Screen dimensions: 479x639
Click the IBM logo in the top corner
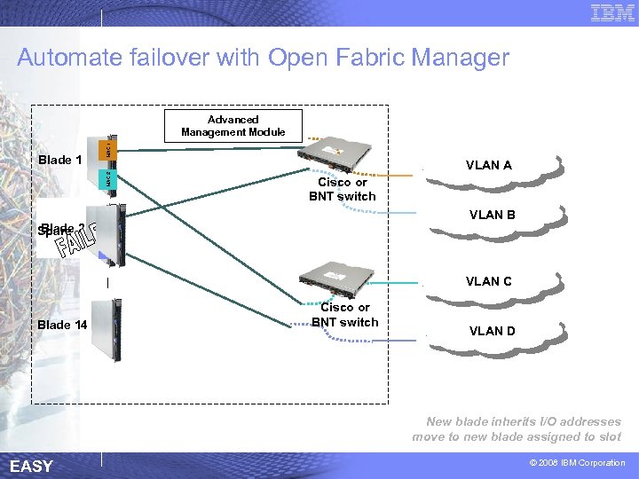click(612, 12)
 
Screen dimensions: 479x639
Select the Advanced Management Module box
click(233, 126)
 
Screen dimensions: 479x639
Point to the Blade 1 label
click(60, 161)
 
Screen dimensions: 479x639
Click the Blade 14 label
click(62, 325)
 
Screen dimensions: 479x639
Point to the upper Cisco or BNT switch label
click(343, 189)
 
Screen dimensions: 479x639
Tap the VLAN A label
click(489, 165)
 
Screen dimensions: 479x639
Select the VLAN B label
click(493, 215)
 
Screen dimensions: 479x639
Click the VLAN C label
click(489, 281)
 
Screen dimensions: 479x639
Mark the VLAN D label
click(492, 331)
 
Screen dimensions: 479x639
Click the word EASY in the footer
click(31, 467)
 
